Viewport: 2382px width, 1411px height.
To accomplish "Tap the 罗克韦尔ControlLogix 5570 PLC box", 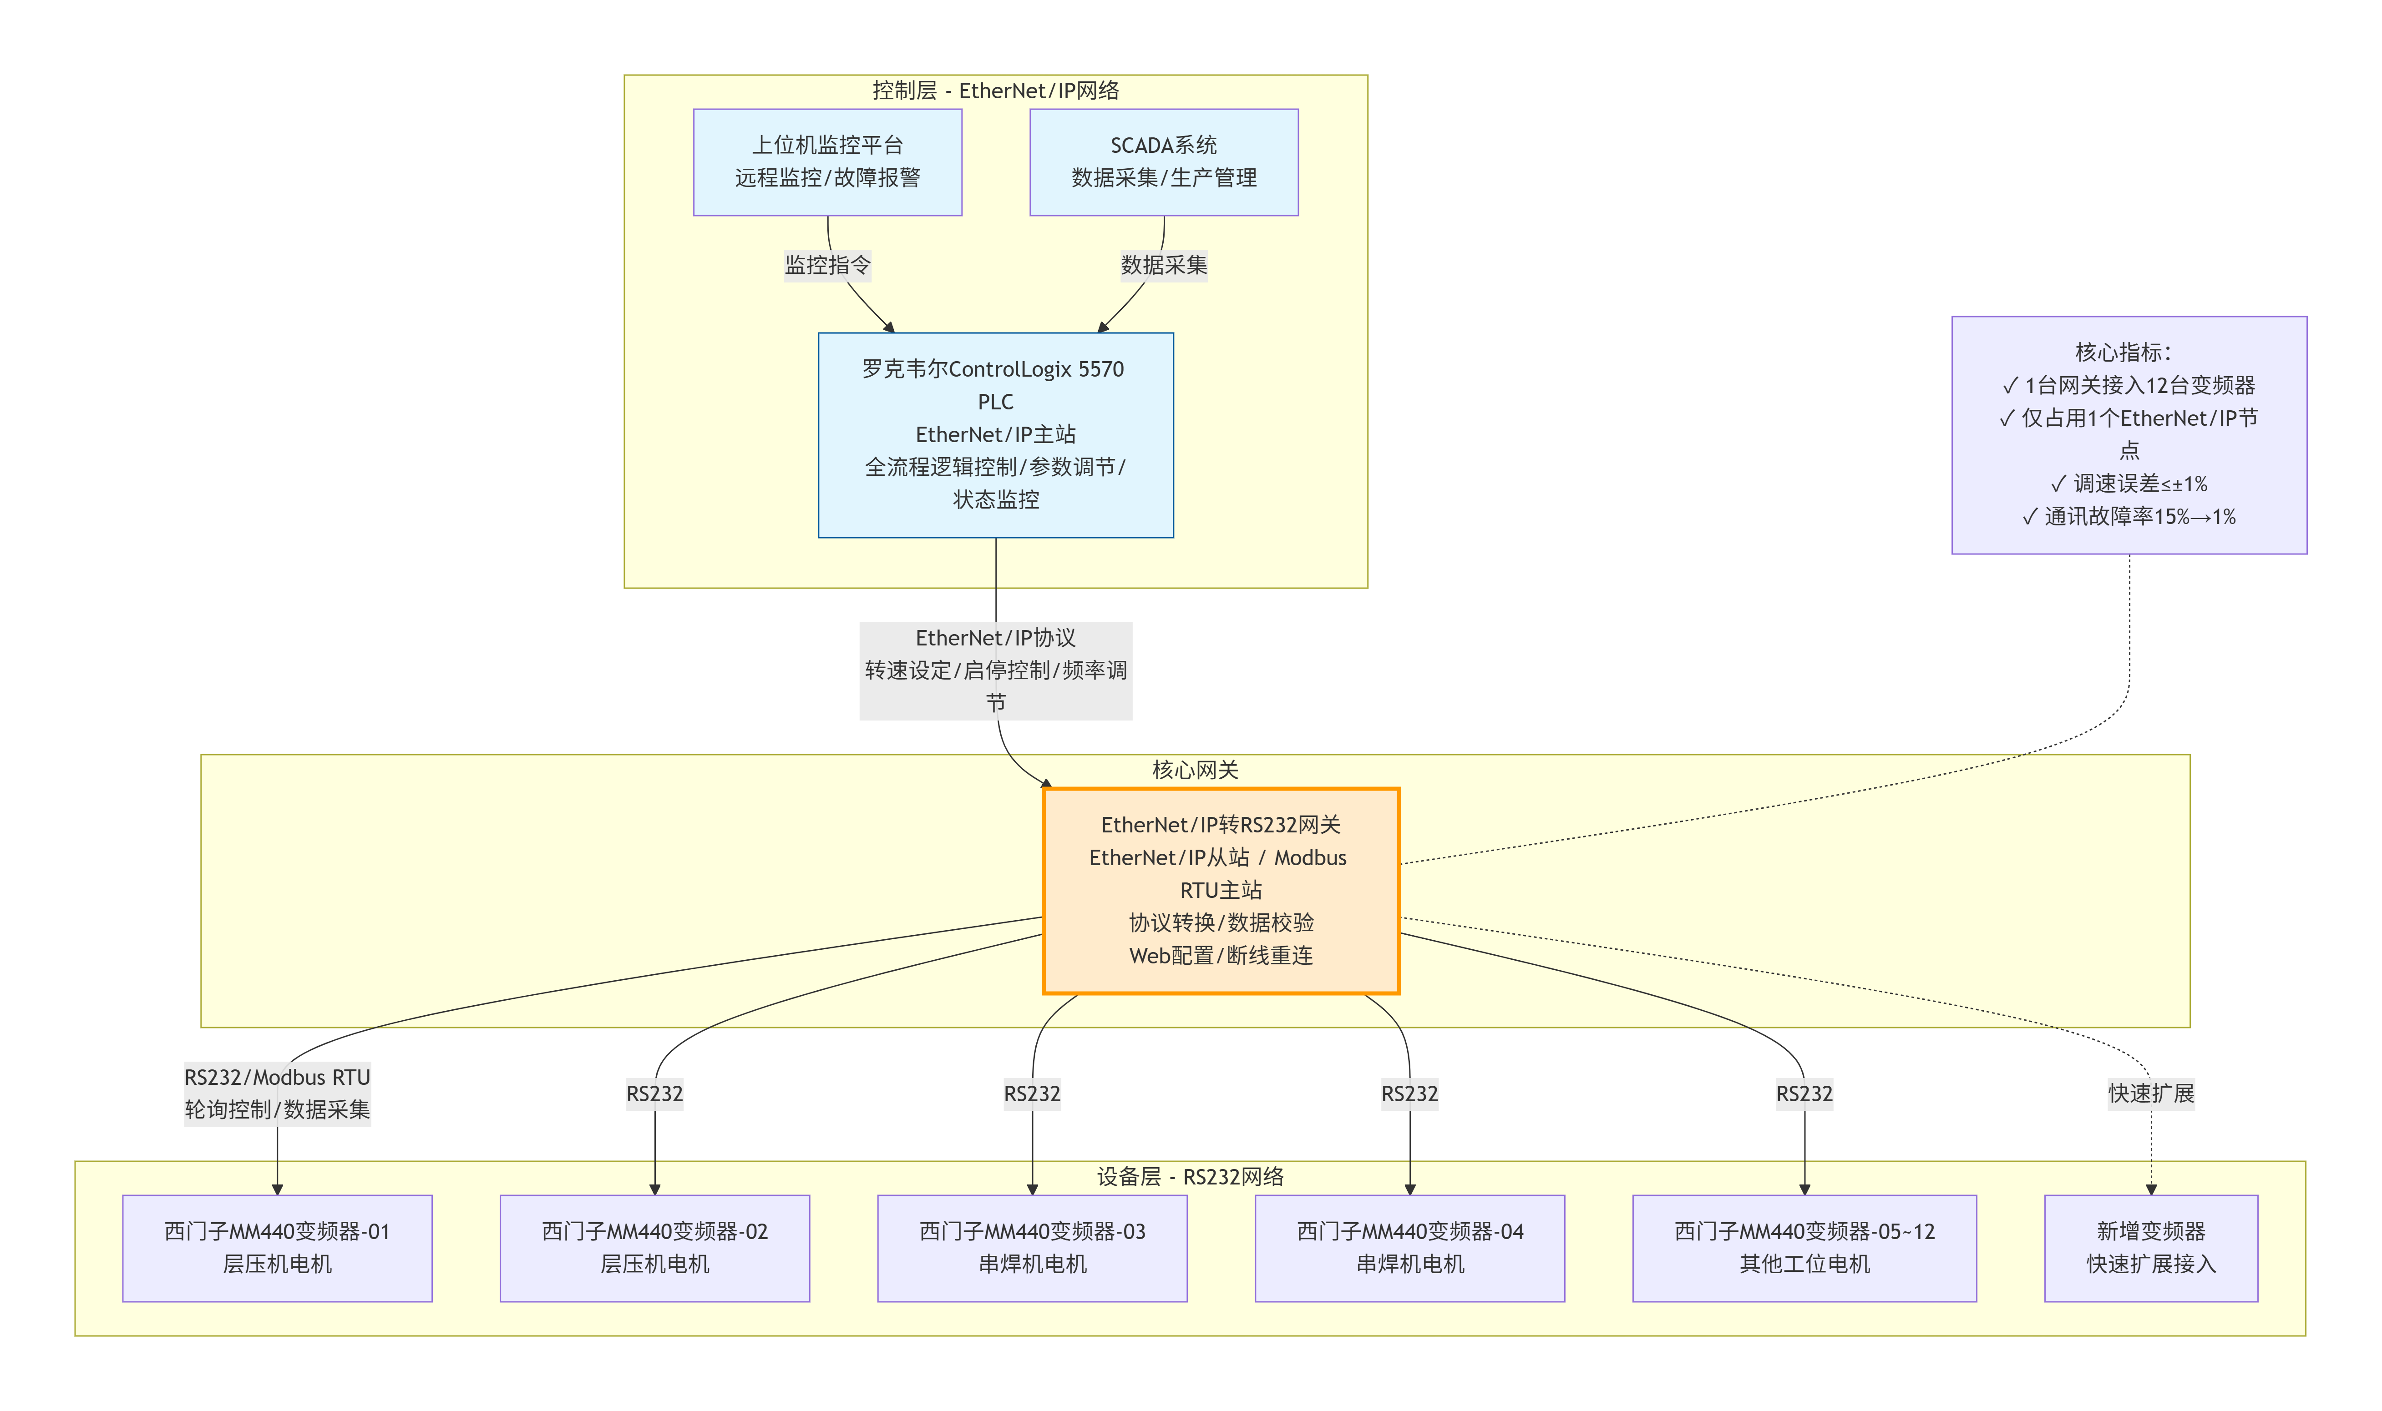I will (x=995, y=434).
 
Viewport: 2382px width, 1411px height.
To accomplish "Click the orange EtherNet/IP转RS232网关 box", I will (x=1221, y=890).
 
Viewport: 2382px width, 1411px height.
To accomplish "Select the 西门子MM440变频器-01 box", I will (x=277, y=1247).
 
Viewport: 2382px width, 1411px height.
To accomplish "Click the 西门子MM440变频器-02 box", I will (x=654, y=1247).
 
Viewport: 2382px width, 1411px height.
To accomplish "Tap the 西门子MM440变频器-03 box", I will (x=1032, y=1247).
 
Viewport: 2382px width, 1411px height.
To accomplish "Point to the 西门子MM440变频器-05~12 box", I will (x=1804, y=1247).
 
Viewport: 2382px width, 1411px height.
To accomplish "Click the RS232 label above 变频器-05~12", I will (x=1804, y=1094).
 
